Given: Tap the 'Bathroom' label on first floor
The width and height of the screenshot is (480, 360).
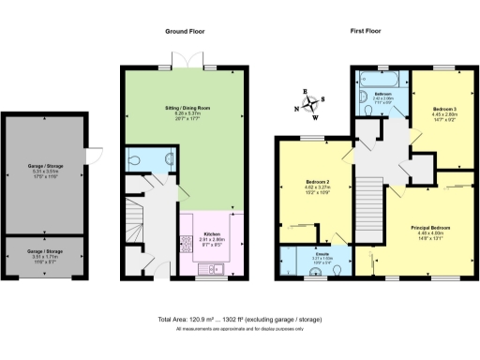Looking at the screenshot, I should click(x=383, y=95).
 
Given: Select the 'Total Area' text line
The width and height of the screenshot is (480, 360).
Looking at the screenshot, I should click(x=240, y=320).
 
